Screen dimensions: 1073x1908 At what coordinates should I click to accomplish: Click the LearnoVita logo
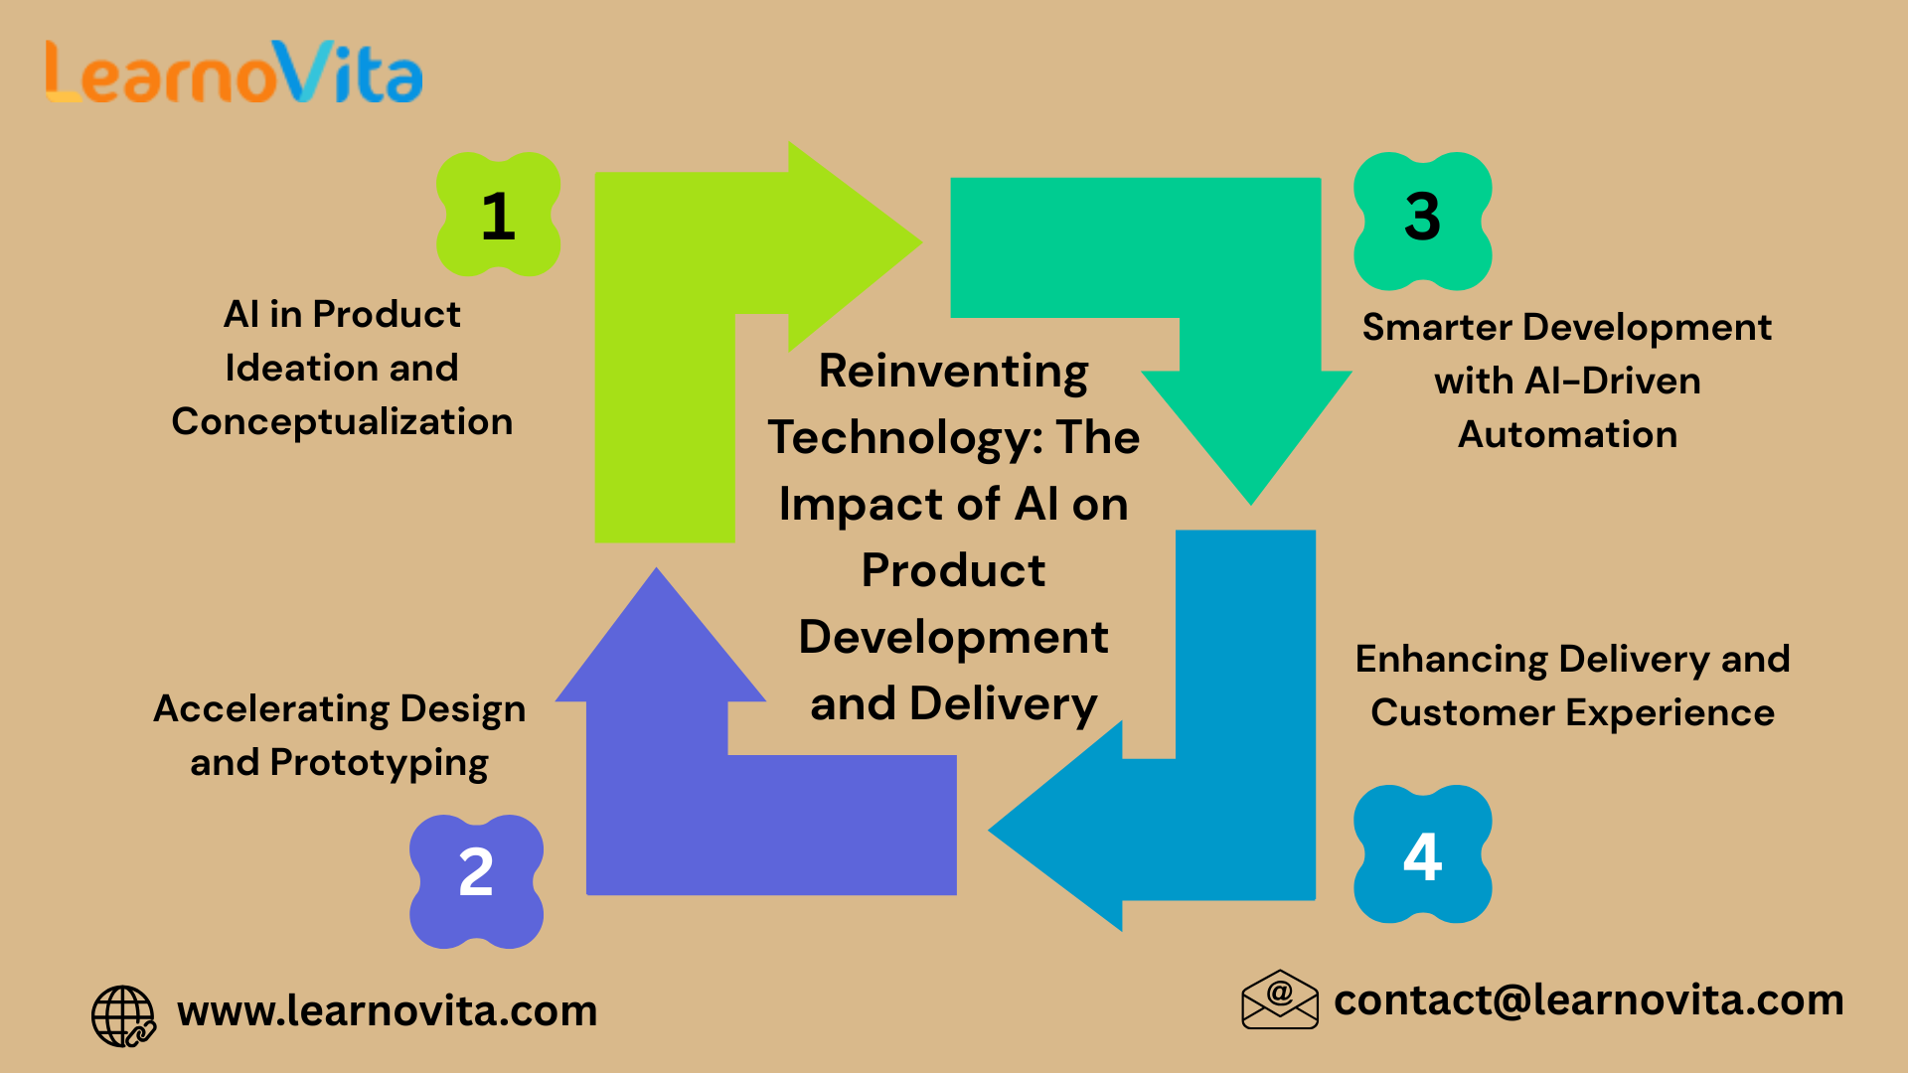click(x=235, y=73)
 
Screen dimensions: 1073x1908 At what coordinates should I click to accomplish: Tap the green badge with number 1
click(x=498, y=215)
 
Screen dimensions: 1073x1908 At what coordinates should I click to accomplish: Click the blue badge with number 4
click(x=1422, y=854)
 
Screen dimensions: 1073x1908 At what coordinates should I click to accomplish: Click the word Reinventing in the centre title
click(x=953, y=373)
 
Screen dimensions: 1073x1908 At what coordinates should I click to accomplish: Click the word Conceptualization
click(x=342, y=422)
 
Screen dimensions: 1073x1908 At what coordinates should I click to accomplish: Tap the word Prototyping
click(x=379, y=764)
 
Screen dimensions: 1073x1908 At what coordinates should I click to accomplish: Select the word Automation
click(x=1567, y=435)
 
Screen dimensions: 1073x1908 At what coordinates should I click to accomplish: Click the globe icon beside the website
click(x=123, y=1015)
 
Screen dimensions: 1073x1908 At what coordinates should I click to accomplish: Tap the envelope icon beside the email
click(x=1279, y=999)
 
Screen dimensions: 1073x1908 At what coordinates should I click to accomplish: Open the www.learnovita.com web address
click(x=387, y=1011)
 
